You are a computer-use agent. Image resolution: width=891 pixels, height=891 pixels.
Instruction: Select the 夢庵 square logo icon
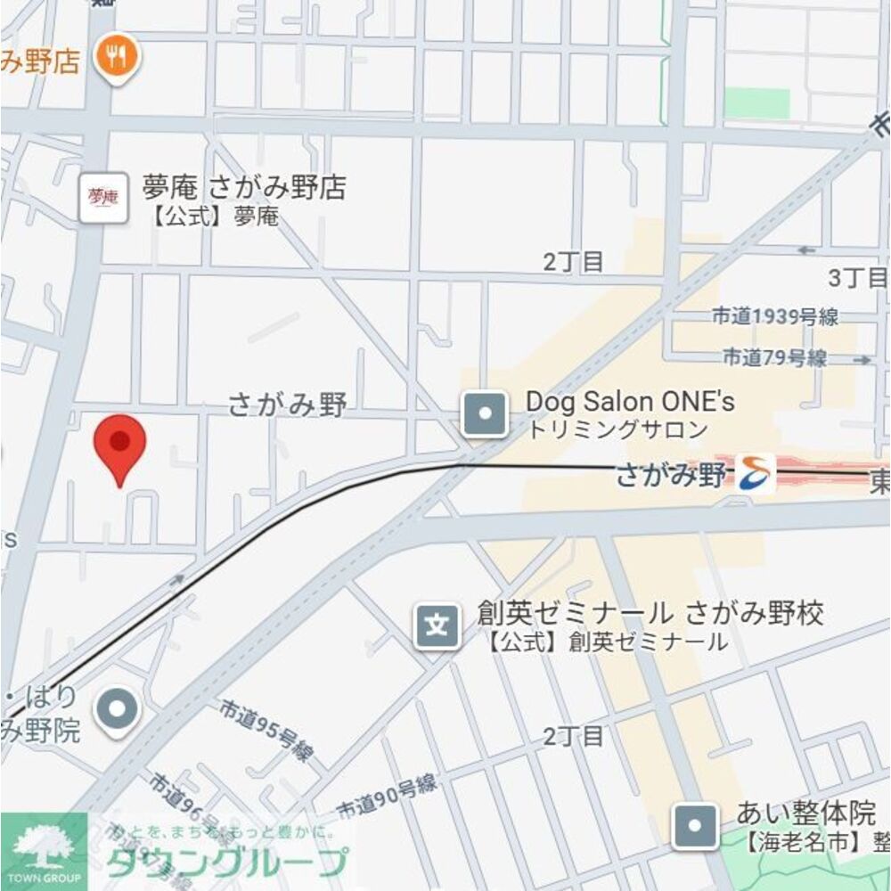pos(102,198)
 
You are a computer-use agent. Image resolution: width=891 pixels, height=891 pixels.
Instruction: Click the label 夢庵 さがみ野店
pos(243,188)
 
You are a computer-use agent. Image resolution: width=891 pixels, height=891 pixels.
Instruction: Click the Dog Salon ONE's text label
pos(630,402)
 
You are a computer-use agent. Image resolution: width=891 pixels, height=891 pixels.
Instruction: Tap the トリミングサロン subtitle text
pos(617,430)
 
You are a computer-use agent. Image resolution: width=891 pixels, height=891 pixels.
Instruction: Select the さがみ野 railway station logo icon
pos(756,473)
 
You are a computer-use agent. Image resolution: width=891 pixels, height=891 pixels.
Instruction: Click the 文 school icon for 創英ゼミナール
pos(437,625)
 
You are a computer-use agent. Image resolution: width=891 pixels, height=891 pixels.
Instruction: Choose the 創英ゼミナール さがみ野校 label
pos(650,613)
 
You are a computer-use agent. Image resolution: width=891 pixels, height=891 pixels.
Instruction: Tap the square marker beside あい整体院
pos(695,826)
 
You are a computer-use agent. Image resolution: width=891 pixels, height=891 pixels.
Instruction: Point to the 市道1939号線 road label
pos(775,316)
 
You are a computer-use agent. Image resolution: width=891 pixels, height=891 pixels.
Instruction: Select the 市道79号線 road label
pos(773,358)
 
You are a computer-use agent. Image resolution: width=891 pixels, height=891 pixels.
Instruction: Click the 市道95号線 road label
pos(266,730)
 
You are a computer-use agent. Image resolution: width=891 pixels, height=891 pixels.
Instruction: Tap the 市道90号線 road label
pos(387,796)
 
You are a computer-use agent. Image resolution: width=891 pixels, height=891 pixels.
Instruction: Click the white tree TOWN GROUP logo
pos(44,850)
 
